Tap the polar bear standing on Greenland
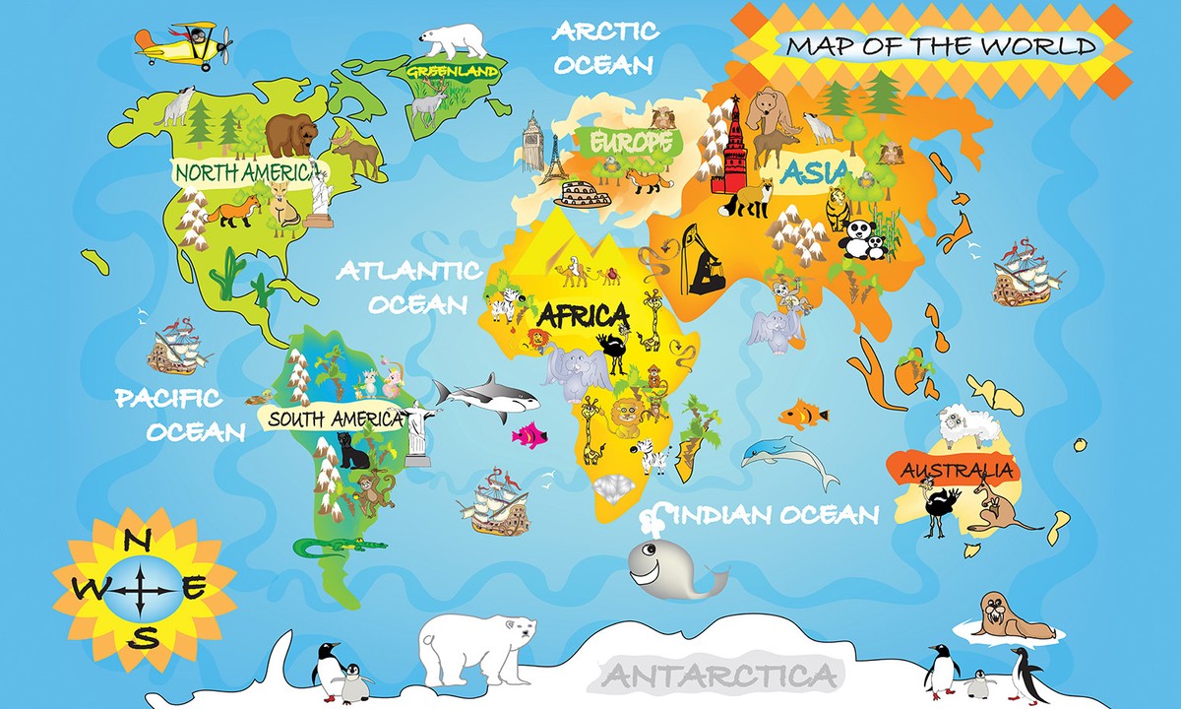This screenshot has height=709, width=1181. click(x=454, y=40)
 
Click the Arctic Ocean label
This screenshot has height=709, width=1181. click(x=604, y=47)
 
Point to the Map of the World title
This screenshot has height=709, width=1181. click(x=941, y=46)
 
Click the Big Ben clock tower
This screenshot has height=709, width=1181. click(x=532, y=143)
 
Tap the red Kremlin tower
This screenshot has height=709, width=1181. click(x=730, y=148)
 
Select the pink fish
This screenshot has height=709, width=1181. click(x=529, y=433)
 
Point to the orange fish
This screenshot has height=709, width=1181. click(x=803, y=414)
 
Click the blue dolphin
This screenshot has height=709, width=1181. click(x=787, y=456)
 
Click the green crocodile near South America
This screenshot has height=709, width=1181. click(x=340, y=545)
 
